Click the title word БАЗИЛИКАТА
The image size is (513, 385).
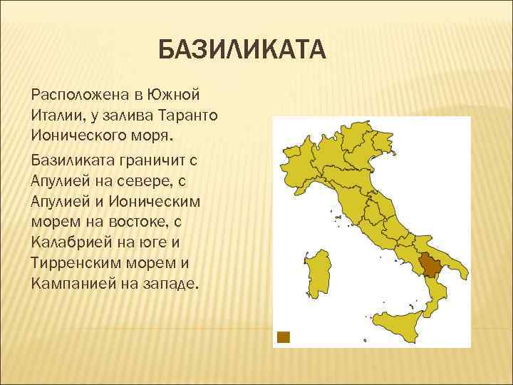point(242,51)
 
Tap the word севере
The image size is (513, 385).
point(152,181)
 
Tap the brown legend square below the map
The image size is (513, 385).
point(284,337)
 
